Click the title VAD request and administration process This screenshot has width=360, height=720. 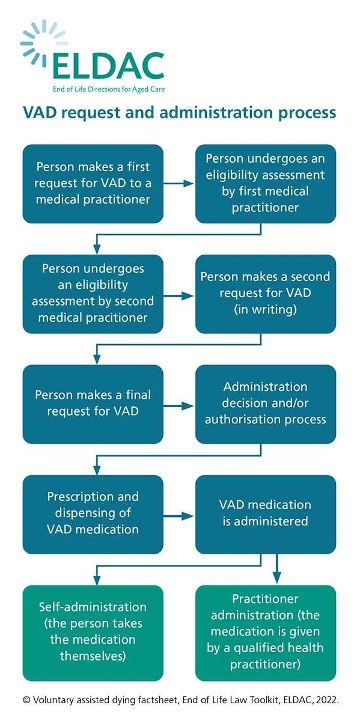[x=179, y=113]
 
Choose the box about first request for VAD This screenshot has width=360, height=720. [x=94, y=182]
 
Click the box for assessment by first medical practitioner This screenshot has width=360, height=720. [x=265, y=182]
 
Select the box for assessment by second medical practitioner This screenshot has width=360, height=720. [x=94, y=293]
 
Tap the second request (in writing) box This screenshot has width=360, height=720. [x=265, y=293]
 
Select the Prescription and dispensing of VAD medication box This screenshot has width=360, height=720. [x=94, y=514]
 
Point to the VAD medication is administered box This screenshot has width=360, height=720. [x=265, y=514]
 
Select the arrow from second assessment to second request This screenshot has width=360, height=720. [x=179, y=294]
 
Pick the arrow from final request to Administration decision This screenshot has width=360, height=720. [x=179, y=406]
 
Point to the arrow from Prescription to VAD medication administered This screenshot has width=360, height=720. [x=179, y=516]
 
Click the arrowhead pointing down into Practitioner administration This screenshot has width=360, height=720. [x=277, y=577]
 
